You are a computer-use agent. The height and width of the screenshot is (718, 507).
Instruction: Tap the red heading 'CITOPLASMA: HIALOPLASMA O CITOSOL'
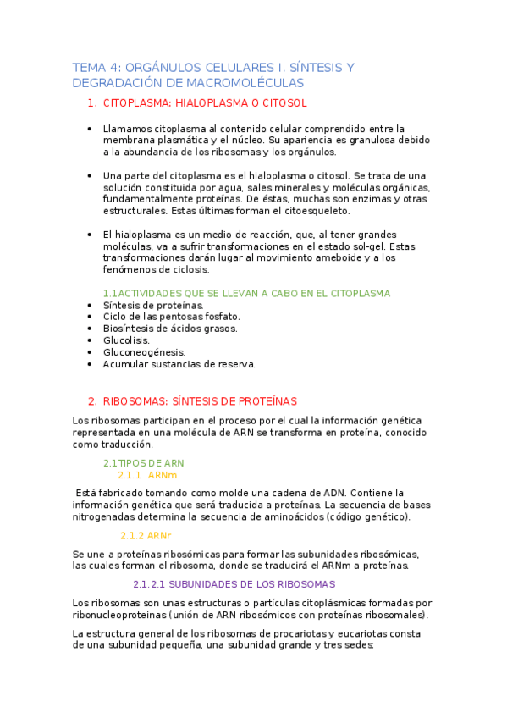pos(204,103)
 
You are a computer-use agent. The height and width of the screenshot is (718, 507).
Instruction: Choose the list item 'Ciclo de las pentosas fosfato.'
pos(165,317)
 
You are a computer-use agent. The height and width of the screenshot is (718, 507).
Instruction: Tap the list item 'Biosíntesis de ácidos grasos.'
pos(170,329)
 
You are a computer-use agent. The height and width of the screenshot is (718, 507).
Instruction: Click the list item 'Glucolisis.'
pos(126,340)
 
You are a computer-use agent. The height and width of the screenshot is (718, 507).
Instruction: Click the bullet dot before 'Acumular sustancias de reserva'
pos(90,364)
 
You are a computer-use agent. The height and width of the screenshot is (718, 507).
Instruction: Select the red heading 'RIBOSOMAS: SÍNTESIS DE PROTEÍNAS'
pos(200,400)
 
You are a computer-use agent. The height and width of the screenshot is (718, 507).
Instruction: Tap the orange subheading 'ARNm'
pos(162,476)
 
